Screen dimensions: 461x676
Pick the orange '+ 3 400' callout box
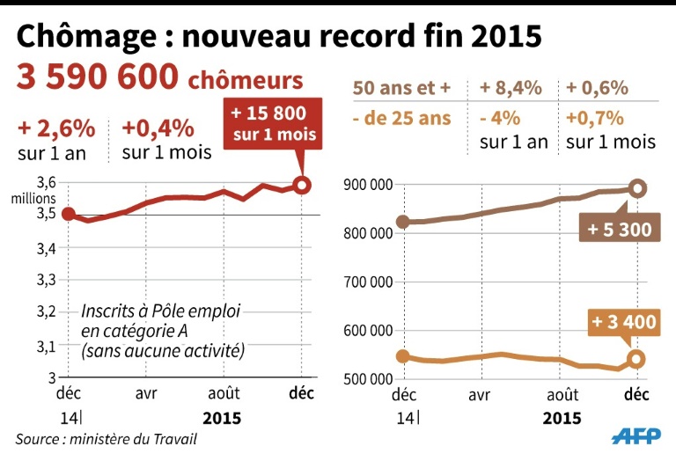[623, 322]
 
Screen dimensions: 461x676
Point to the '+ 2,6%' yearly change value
[55, 128]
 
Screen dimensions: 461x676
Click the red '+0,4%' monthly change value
[158, 128]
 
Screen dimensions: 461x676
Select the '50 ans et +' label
[401, 88]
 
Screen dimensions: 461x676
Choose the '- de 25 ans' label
[401, 117]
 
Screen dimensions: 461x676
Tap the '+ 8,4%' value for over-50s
[511, 88]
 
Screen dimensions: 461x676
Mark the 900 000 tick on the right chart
[367, 186]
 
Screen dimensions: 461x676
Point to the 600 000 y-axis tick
[367, 331]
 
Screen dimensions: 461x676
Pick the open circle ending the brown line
[637, 188]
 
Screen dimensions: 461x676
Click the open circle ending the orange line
[636, 359]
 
